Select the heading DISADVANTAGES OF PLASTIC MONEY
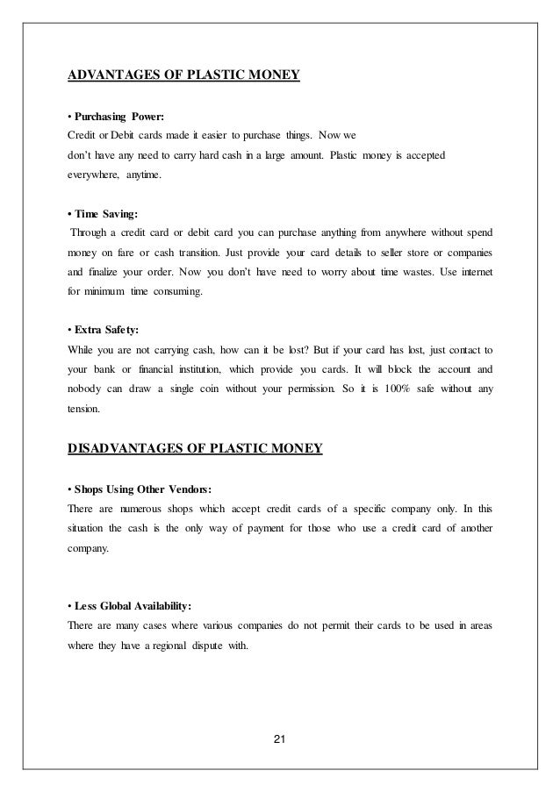pos(195,450)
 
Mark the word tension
pos(84,408)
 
